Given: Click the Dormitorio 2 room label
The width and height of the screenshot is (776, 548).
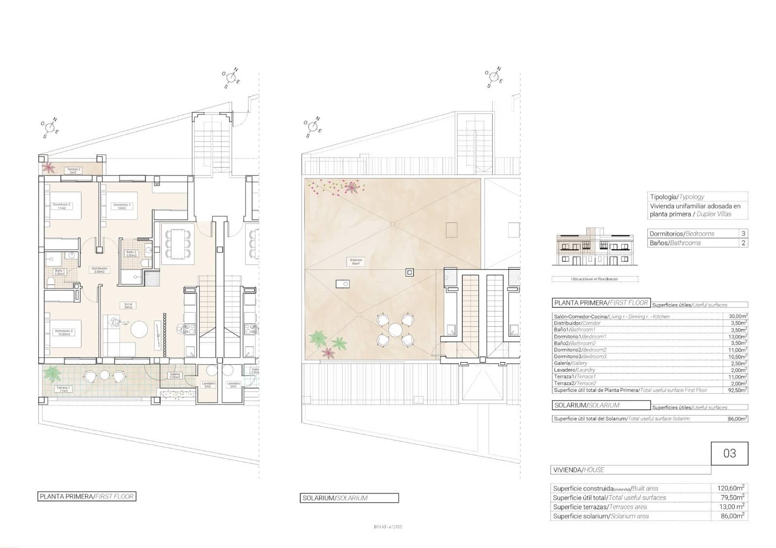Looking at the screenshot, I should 62,206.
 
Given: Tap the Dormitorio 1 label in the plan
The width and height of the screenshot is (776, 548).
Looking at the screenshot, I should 122,206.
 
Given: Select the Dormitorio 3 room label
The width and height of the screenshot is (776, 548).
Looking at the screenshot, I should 64,332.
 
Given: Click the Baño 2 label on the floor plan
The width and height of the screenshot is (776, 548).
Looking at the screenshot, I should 131,253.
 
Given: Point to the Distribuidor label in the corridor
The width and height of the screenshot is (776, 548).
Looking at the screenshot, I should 99,270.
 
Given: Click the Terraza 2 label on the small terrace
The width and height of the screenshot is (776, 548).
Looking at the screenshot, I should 74,171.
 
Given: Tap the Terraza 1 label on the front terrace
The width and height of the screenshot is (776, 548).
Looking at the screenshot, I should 63,389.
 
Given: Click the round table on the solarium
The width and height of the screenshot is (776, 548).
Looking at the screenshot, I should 395,330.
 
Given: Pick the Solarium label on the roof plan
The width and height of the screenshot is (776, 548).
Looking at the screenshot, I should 356,261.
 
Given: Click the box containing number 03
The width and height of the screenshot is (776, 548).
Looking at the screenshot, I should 729,453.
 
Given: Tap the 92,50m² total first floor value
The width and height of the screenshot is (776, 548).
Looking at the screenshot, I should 737,390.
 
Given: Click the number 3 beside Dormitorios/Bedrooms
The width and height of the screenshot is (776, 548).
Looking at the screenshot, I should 743,234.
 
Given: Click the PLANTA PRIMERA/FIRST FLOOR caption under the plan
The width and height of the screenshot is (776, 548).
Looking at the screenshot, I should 87,497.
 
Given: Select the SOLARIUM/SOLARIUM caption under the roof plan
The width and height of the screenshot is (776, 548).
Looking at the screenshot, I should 349,498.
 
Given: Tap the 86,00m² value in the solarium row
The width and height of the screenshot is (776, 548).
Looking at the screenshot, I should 737,419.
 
